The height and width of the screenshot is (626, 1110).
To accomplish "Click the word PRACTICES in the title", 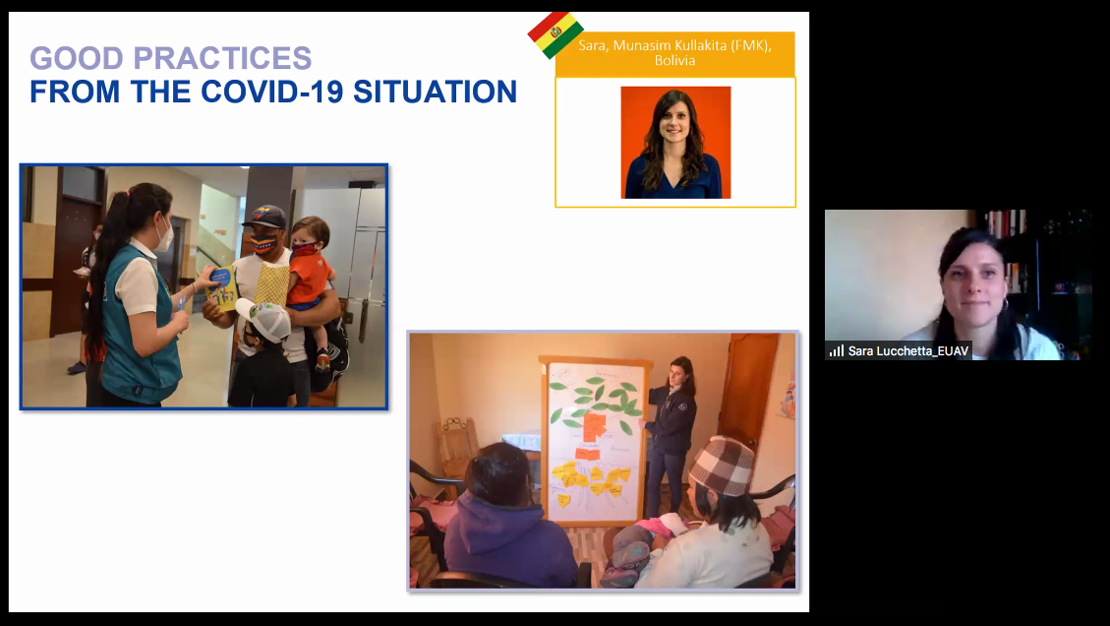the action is tap(222, 58).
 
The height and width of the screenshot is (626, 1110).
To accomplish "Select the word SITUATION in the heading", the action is tap(435, 93).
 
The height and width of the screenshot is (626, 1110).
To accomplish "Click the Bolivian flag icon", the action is tap(555, 34).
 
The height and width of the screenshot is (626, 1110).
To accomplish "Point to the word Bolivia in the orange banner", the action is tap(674, 61).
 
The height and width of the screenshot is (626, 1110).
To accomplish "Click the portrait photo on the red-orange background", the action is tap(675, 143).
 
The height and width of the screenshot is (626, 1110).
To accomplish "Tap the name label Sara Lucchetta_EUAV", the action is tap(908, 351).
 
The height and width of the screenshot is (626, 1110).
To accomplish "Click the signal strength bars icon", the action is tap(837, 351).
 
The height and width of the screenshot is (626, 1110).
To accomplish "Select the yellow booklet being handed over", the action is tap(222, 287).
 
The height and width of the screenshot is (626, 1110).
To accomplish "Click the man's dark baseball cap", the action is tap(264, 217).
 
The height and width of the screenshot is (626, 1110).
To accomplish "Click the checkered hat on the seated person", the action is tap(722, 465).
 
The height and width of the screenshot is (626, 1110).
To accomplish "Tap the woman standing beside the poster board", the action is tap(670, 434).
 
